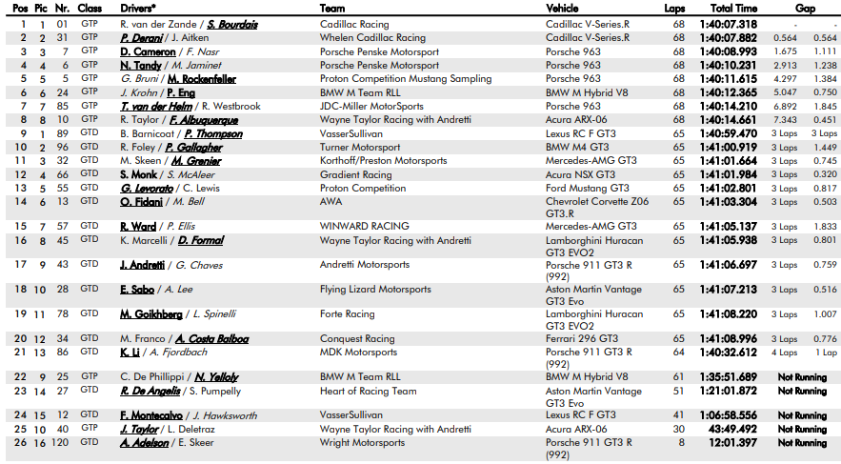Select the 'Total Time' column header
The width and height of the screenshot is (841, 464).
pos(732,8)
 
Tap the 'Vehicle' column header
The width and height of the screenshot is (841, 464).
pos(561,8)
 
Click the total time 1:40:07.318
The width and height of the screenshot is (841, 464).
pos(732,24)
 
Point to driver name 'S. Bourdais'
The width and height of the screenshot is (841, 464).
pos(232,24)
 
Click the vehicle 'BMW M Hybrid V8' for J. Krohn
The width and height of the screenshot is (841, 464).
pos(589,93)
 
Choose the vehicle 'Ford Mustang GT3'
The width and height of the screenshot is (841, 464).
pos(587,189)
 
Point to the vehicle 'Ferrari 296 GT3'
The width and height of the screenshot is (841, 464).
pos(581,338)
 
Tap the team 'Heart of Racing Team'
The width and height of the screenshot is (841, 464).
pos(368,391)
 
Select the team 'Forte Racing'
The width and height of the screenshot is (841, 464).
pos(347,313)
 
